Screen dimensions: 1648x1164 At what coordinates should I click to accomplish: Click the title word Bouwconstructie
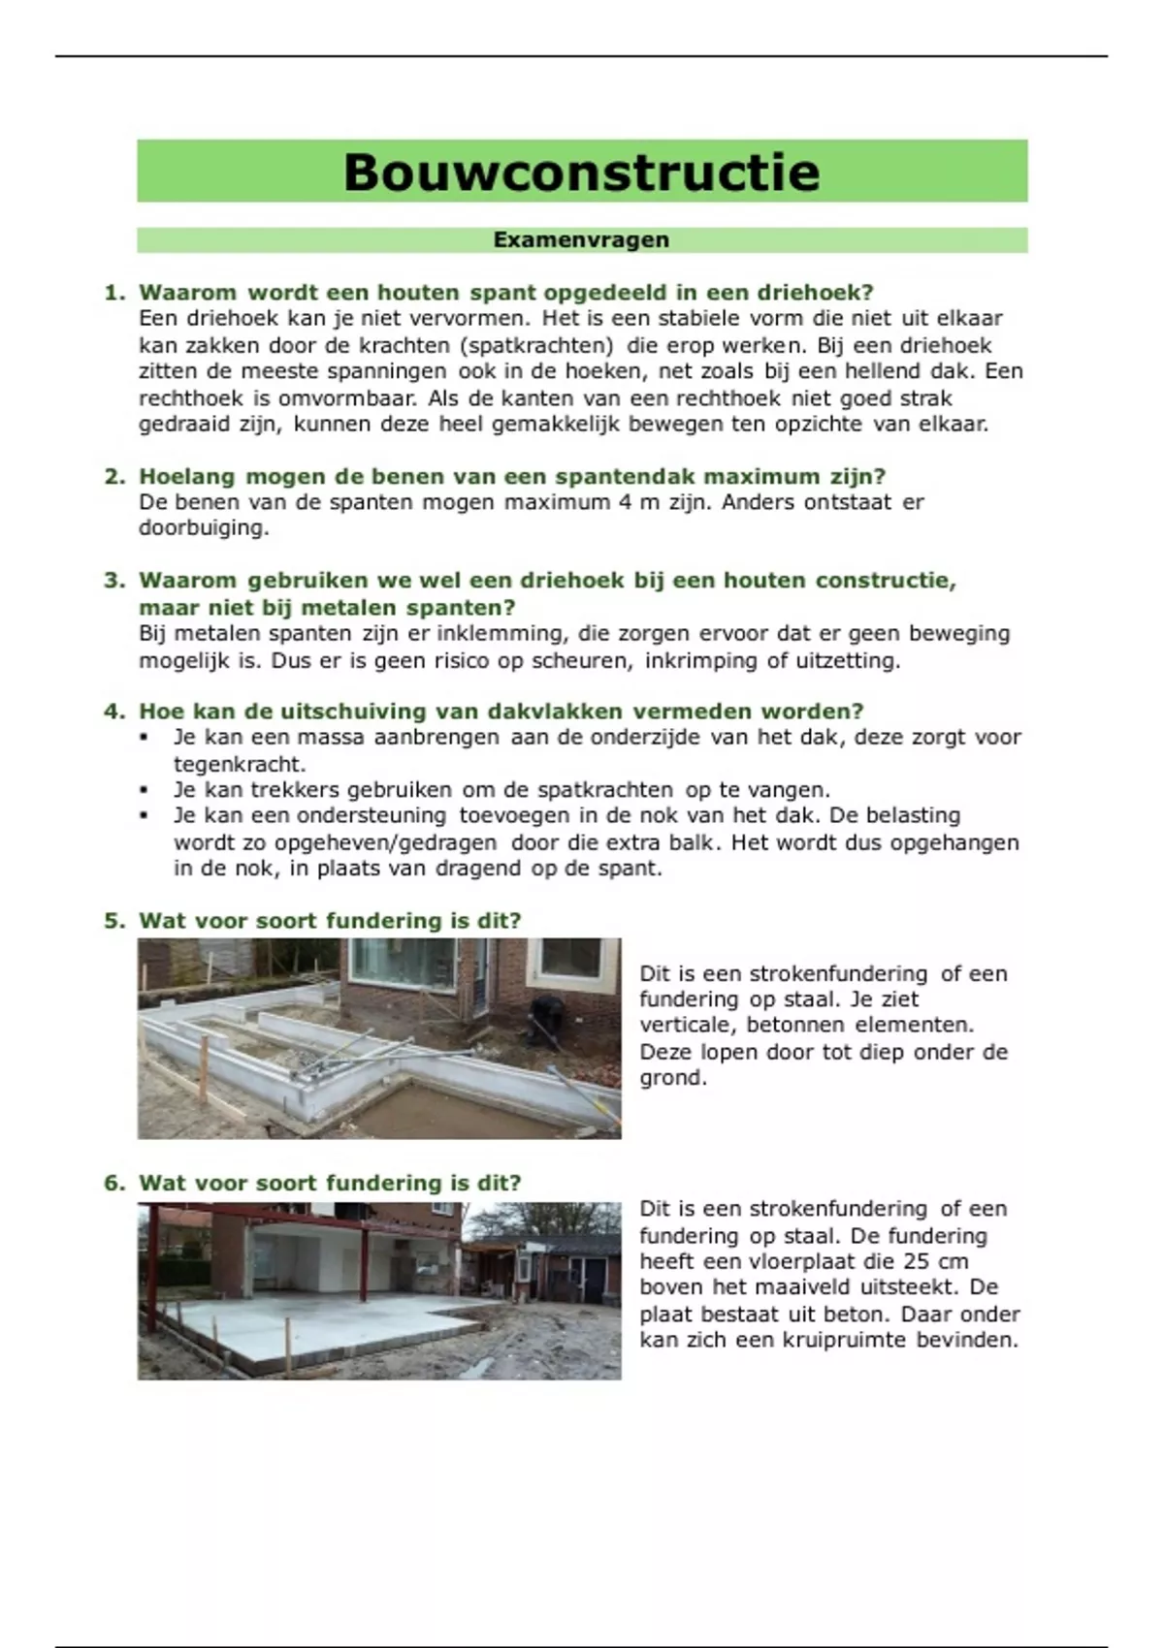[x=582, y=172]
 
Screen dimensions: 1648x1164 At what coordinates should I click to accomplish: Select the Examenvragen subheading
[x=581, y=239]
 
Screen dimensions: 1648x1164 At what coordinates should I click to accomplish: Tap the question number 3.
[x=114, y=581]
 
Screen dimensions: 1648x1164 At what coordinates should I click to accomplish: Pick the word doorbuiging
[x=203, y=528]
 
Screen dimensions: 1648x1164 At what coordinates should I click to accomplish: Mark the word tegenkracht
[x=239, y=764]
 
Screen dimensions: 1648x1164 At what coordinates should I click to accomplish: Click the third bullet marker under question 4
[x=144, y=816]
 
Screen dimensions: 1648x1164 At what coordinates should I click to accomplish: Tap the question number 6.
[x=114, y=1183]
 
